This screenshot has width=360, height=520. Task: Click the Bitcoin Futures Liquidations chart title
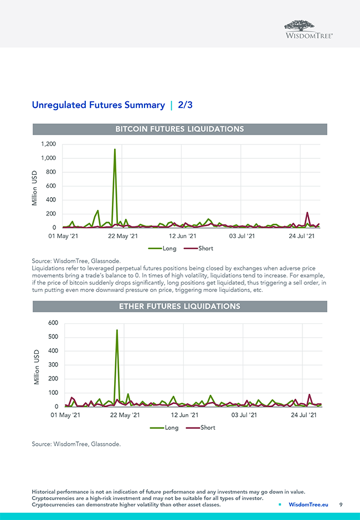tap(179, 129)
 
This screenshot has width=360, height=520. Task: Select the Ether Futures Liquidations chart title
tap(179, 306)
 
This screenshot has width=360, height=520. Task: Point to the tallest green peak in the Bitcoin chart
tap(115, 150)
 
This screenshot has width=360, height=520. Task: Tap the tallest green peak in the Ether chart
tap(117, 331)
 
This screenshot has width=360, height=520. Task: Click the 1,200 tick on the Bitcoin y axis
tap(48, 145)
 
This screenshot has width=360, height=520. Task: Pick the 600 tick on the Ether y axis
tap(53, 323)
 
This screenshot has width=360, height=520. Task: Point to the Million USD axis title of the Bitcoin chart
tap(34, 188)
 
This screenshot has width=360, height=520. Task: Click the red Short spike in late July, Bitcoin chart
tap(307, 213)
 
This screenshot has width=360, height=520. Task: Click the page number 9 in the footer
tap(341, 504)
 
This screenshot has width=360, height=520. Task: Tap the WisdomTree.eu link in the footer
tap(308, 504)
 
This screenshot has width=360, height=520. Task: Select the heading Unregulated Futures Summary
tap(98, 105)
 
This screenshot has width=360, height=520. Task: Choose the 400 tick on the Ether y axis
tap(53, 351)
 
